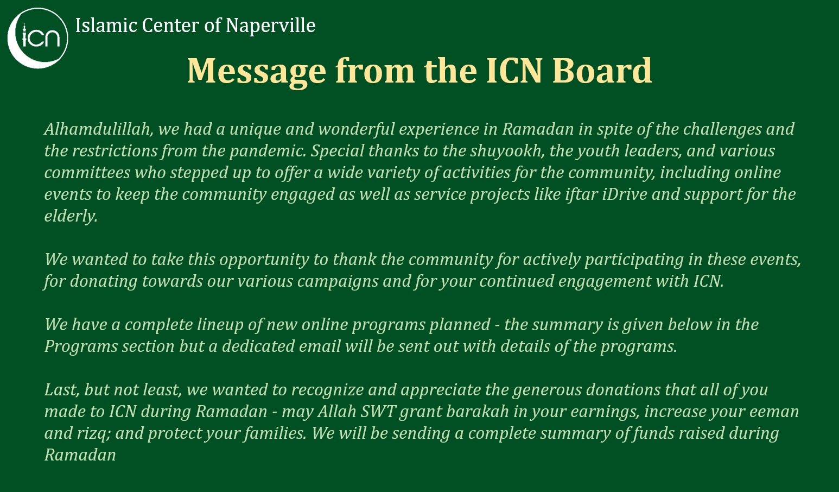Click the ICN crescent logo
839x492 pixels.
tap(37, 38)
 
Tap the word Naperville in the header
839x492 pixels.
tap(270, 26)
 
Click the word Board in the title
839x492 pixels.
tap(602, 71)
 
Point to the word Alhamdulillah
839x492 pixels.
tap(99, 129)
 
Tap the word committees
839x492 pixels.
tap(87, 172)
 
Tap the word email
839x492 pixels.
tap(320, 346)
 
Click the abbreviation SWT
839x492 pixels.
tap(378, 412)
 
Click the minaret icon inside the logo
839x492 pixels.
tap(25, 34)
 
